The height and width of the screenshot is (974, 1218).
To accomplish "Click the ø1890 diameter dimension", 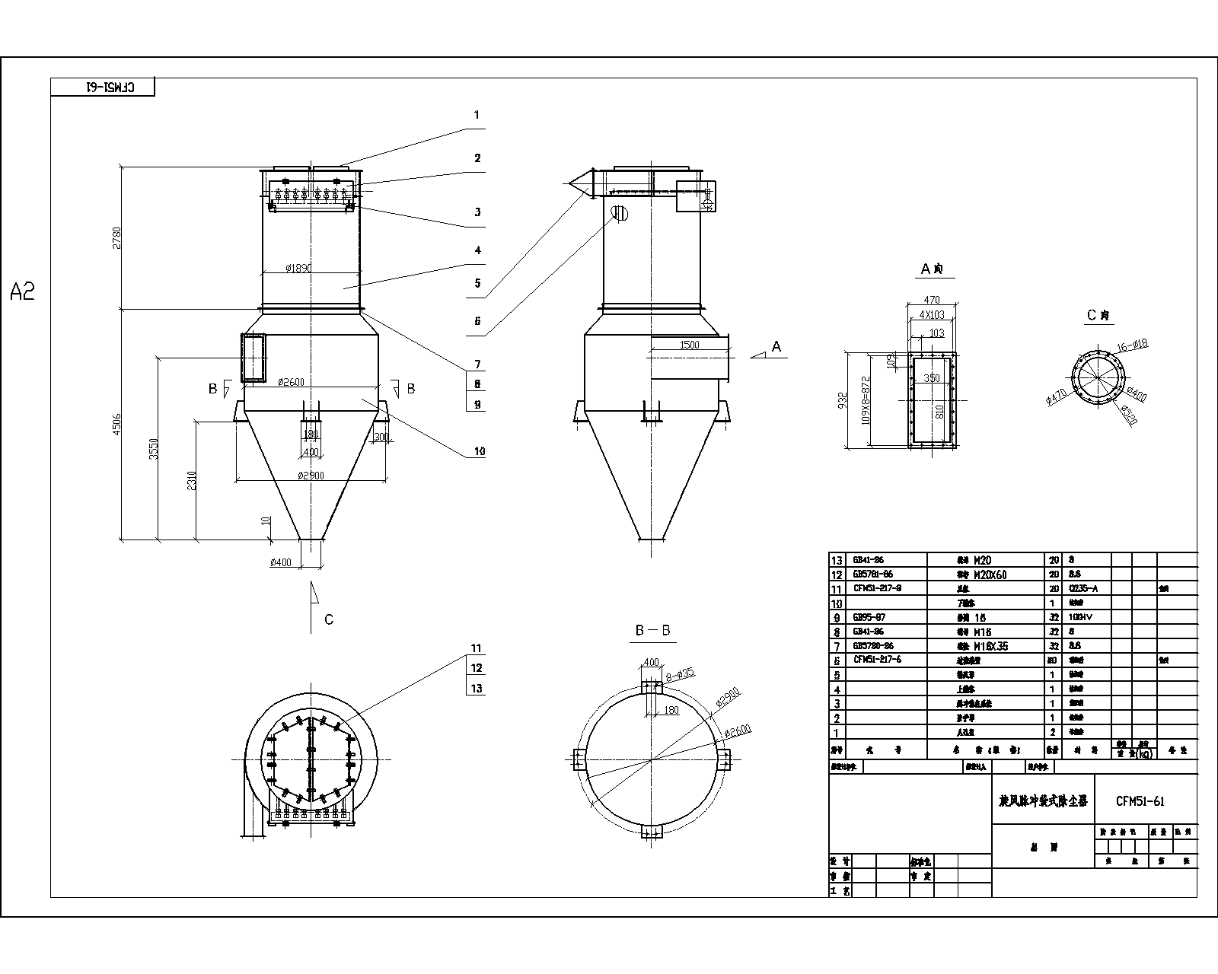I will [x=298, y=269].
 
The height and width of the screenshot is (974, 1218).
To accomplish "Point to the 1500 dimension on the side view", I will [x=689, y=345].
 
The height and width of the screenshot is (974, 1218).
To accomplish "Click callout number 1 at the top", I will [x=477, y=116].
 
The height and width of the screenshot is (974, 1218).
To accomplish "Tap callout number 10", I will [x=479, y=451].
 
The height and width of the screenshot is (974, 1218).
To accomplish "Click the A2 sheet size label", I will [x=23, y=291].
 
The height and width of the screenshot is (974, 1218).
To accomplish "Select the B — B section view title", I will [x=652, y=631].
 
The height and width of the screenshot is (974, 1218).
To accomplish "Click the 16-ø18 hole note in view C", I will [x=1131, y=345].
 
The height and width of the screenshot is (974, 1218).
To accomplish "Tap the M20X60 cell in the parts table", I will [x=990, y=575].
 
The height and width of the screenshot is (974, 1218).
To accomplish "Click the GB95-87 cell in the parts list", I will [x=868, y=617].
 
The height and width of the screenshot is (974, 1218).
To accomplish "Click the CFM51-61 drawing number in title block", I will [x=1140, y=801].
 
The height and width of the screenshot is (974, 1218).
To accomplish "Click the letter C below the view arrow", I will [x=329, y=620].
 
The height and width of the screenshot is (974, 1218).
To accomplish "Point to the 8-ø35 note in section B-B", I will [x=680, y=673].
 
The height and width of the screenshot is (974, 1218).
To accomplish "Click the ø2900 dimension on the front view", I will [x=311, y=476].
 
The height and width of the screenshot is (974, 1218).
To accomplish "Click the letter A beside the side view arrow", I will [x=776, y=347].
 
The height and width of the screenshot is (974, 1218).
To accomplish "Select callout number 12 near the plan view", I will [x=477, y=668].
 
